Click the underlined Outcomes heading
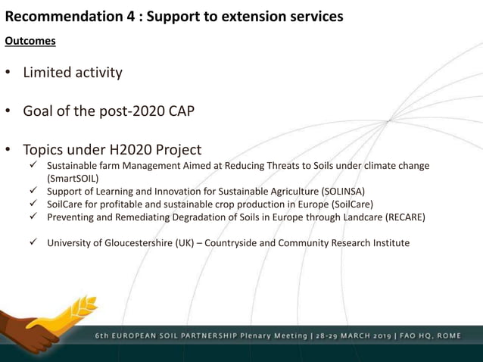(x=30, y=41)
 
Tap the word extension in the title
(x=255, y=16)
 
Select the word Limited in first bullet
(x=49, y=73)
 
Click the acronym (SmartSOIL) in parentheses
(x=73, y=179)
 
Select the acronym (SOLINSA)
(x=343, y=192)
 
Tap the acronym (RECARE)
(x=405, y=217)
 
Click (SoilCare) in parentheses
(x=347, y=204)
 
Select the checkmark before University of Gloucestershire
(x=34, y=242)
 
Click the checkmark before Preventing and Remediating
(x=34, y=217)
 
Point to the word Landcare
(x=360, y=217)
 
